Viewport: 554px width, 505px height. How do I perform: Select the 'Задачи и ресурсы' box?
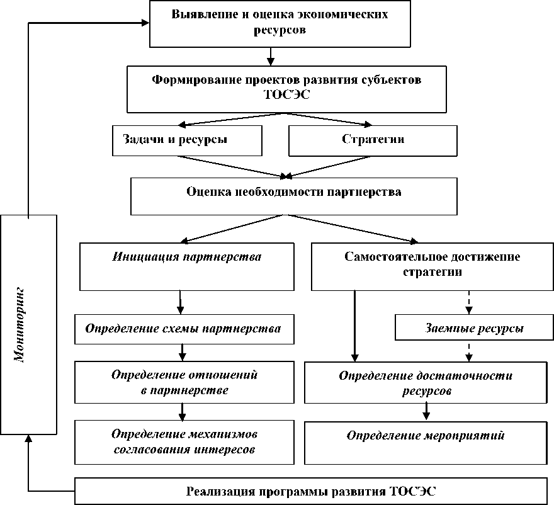click(x=187, y=140)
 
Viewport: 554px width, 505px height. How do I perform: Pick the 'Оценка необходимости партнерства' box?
click(x=294, y=195)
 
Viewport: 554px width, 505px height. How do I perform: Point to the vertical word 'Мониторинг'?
click(x=20, y=324)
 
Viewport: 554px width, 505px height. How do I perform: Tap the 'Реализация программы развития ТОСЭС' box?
click(x=311, y=491)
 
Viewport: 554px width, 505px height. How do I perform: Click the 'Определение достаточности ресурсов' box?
click(x=426, y=383)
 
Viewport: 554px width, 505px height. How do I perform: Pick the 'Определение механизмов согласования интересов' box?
click(x=183, y=441)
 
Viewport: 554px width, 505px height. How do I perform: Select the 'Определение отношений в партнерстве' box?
click(x=183, y=382)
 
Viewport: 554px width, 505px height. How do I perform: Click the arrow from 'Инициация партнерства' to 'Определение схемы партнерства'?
click(x=181, y=302)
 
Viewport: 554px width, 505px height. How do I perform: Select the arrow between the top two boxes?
click(x=271, y=57)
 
